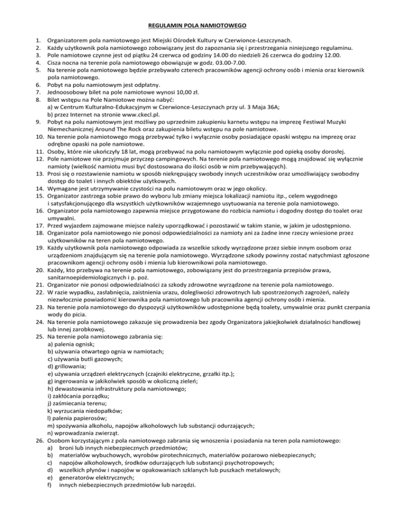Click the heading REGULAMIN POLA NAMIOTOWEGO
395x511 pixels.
click(x=197, y=24)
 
